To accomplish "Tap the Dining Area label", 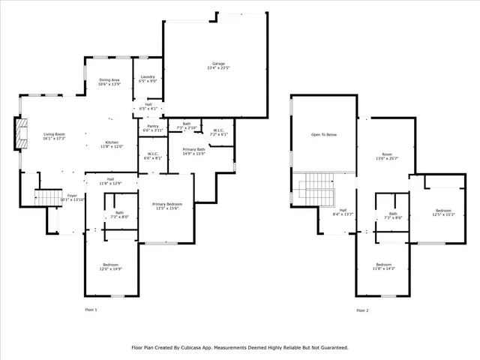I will (x=109, y=79).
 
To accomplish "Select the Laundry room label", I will (x=148, y=76).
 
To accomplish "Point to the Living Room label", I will (x=54, y=133).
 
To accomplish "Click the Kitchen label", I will (x=112, y=142).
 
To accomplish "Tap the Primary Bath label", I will (x=193, y=149).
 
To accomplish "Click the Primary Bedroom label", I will (x=167, y=204).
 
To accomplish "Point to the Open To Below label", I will (x=324, y=135).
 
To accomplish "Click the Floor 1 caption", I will (x=91, y=310).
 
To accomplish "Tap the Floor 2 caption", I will (x=362, y=310).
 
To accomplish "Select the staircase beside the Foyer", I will (x=48, y=197).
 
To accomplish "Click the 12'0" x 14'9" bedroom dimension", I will (x=110, y=269).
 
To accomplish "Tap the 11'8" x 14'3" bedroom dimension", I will (x=384, y=268).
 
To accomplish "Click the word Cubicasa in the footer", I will (x=201, y=347).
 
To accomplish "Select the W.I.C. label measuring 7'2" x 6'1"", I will (x=218, y=134).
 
